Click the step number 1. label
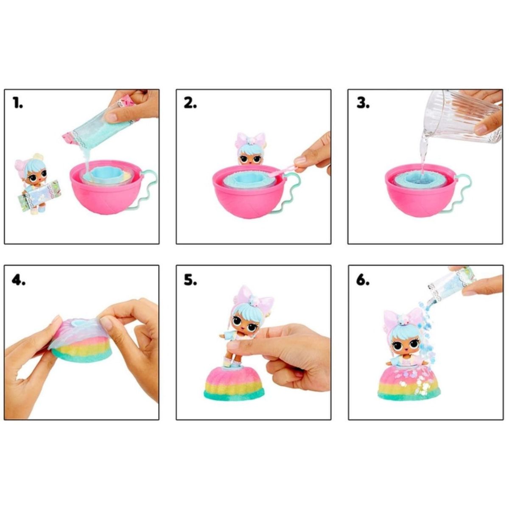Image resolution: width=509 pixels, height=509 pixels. coord(17,103)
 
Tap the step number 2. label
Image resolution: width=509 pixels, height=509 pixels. coord(190,103)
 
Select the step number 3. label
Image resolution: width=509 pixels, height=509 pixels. coord(362,103)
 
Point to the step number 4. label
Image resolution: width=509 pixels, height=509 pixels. coord(18,280)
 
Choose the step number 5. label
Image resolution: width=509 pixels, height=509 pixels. coord(190,280)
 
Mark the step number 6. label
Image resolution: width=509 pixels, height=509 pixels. coord(363,280)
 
